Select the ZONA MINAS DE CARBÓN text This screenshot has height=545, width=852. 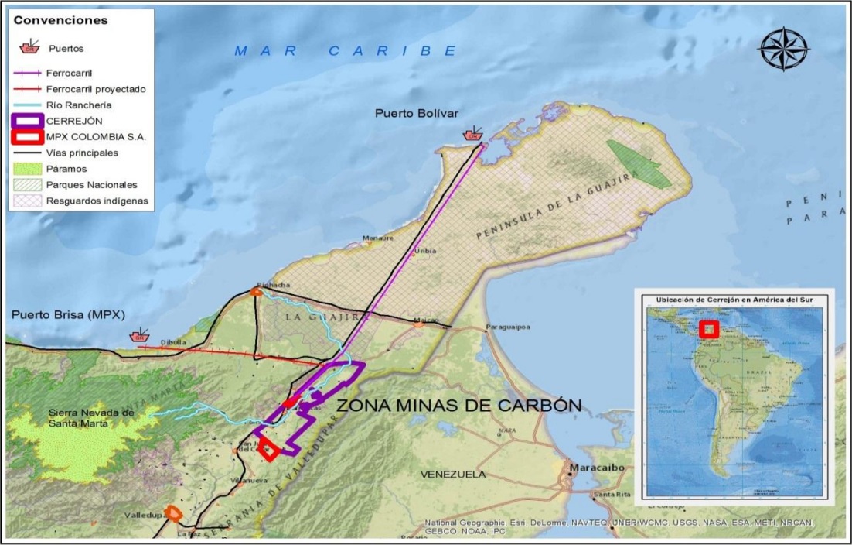458,405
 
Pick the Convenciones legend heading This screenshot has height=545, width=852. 60,20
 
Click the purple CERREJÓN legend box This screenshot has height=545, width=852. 29,120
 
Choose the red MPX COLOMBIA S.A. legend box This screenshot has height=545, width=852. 29,136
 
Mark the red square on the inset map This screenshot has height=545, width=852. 709,329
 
